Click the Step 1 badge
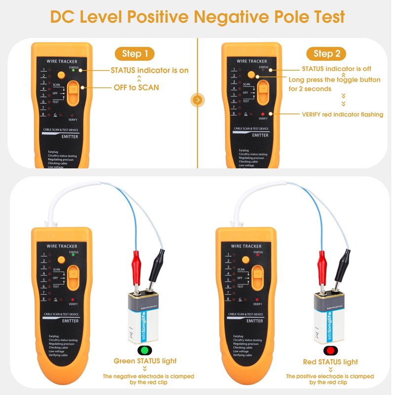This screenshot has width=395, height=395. pos(135,54)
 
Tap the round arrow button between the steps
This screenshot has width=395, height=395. pos(197,100)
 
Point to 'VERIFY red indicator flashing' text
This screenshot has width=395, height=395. pos(342,115)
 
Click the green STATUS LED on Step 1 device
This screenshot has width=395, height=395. pos(73,71)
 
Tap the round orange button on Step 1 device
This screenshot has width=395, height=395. pos(61,75)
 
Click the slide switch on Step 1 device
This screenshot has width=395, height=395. pos(73,92)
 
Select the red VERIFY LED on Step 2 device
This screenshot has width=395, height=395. pos(263,114)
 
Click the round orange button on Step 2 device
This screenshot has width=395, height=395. pos(251,75)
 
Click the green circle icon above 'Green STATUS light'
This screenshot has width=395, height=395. pos(145,350)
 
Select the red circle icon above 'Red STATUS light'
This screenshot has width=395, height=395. pos(330,350)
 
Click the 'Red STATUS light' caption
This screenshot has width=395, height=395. pos(330,362)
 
